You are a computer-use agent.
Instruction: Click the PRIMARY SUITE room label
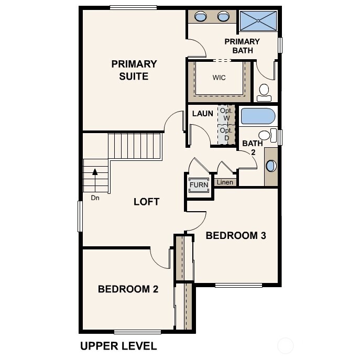(134, 70)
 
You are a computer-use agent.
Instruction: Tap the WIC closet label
(219, 78)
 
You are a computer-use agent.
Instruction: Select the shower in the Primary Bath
(258, 20)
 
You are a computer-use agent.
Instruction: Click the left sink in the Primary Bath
(201, 17)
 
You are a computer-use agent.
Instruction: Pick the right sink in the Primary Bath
(224, 17)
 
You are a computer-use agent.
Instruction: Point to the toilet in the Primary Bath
(264, 92)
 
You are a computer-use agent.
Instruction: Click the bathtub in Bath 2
(257, 115)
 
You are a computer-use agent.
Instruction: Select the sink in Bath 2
(270, 166)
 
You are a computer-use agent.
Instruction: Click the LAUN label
(202, 113)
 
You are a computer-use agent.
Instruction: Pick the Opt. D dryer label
(226, 134)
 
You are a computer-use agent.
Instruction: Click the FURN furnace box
(199, 186)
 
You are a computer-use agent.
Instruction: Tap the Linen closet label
(225, 182)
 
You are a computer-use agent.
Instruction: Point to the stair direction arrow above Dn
(95, 171)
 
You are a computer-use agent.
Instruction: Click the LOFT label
(146, 202)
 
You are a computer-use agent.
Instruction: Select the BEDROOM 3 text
(236, 235)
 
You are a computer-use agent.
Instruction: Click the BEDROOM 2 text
(128, 289)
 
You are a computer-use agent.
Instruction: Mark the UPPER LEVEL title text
(118, 346)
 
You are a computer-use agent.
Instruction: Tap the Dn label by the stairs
(95, 198)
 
